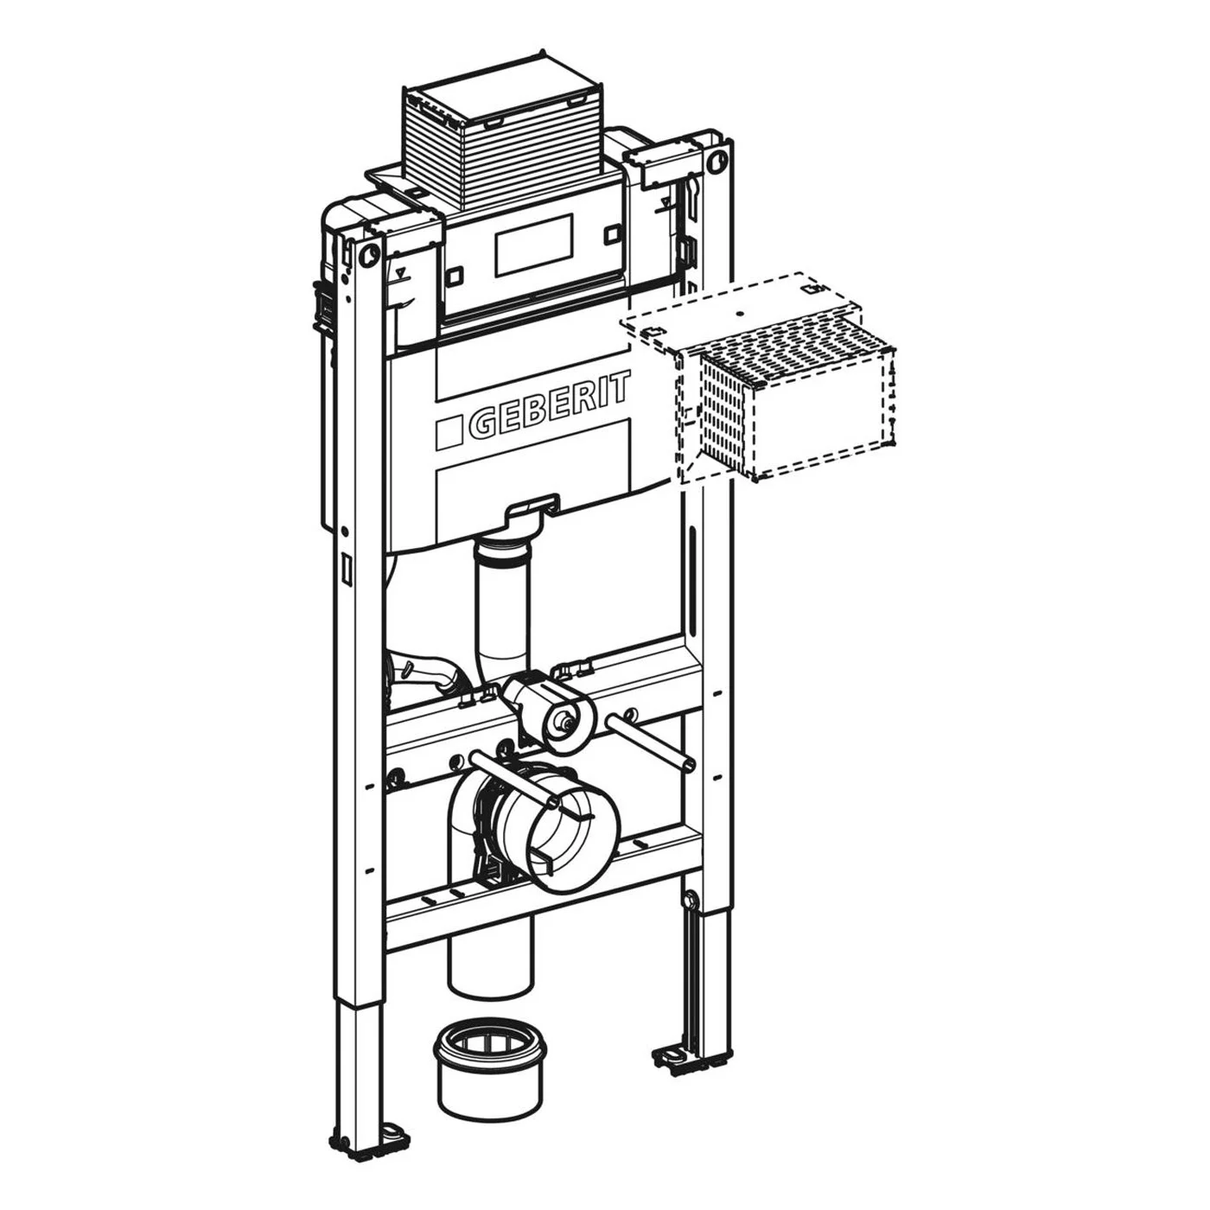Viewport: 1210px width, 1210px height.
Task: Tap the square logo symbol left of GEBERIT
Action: point(449,432)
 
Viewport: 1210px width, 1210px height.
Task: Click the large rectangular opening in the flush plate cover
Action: point(534,245)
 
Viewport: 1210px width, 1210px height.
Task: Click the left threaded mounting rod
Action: point(512,780)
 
